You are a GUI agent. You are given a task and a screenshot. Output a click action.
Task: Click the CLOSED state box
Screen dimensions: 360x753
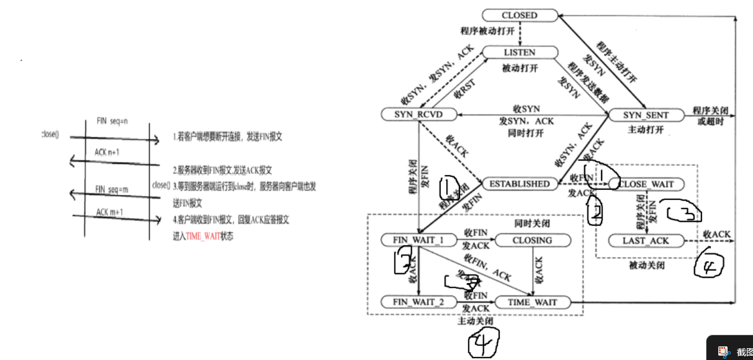(x=519, y=15)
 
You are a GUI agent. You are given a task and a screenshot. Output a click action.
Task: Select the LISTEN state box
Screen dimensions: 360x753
(x=518, y=53)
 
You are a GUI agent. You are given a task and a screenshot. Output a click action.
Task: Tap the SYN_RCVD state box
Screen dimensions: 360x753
(x=418, y=115)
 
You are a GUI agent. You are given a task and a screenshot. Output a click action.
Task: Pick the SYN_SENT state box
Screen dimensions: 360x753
(x=646, y=115)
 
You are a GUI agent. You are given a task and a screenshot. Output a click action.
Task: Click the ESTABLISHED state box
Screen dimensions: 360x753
(x=519, y=184)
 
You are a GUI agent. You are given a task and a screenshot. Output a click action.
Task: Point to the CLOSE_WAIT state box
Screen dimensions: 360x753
(x=646, y=184)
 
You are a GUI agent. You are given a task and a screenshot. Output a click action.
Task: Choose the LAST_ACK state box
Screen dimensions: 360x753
(x=646, y=240)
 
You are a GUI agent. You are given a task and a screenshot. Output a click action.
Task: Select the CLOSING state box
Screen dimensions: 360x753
(x=532, y=240)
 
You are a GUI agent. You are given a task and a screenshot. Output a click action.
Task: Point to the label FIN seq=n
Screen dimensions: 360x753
(x=112, y=120)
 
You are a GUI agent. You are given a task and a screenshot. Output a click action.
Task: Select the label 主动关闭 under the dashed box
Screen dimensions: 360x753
(x=476, y=322)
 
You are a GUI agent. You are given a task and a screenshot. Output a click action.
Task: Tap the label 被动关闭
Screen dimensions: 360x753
(x=646, y=265)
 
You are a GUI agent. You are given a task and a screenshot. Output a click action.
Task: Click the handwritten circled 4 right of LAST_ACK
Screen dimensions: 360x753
(x=708, y=266)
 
